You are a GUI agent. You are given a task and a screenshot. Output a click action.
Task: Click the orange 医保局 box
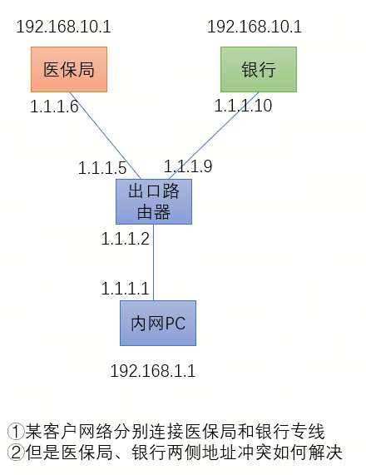[x=69, y=69]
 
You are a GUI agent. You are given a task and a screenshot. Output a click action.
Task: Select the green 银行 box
[x=259, y=69]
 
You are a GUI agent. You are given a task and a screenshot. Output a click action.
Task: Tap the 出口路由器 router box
[x=154, y=202]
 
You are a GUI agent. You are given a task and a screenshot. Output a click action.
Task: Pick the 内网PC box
[x=158, y=324]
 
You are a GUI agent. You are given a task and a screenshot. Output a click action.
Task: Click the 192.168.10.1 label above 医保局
[x=63, y=27]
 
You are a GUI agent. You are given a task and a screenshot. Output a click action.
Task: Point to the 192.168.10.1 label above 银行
[x=255, y=27]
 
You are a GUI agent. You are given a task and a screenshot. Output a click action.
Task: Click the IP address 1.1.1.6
[x=55, y=106]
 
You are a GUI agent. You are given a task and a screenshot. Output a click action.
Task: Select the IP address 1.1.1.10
[x=243, y=106]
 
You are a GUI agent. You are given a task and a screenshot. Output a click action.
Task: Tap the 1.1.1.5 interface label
[x=102, y=168]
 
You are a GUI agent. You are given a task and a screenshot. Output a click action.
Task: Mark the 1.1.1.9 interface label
[x=188, y=166]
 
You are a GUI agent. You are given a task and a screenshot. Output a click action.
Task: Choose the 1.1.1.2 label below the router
[x=126, y=239]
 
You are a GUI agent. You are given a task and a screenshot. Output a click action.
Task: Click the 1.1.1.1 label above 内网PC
[x=125, y=289]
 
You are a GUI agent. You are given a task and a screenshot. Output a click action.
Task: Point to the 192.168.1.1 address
[x=153, y=371]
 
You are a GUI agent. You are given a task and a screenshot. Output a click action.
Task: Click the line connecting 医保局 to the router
[x=105, y=136]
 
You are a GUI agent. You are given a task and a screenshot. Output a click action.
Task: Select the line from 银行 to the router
[x=214, y=136]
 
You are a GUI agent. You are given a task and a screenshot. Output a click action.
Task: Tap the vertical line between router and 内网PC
[x=154, y=262]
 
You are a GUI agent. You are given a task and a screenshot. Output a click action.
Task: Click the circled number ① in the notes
[x=16, y=432]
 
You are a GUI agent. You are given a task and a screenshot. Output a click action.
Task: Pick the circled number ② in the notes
[x=16, y=453]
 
